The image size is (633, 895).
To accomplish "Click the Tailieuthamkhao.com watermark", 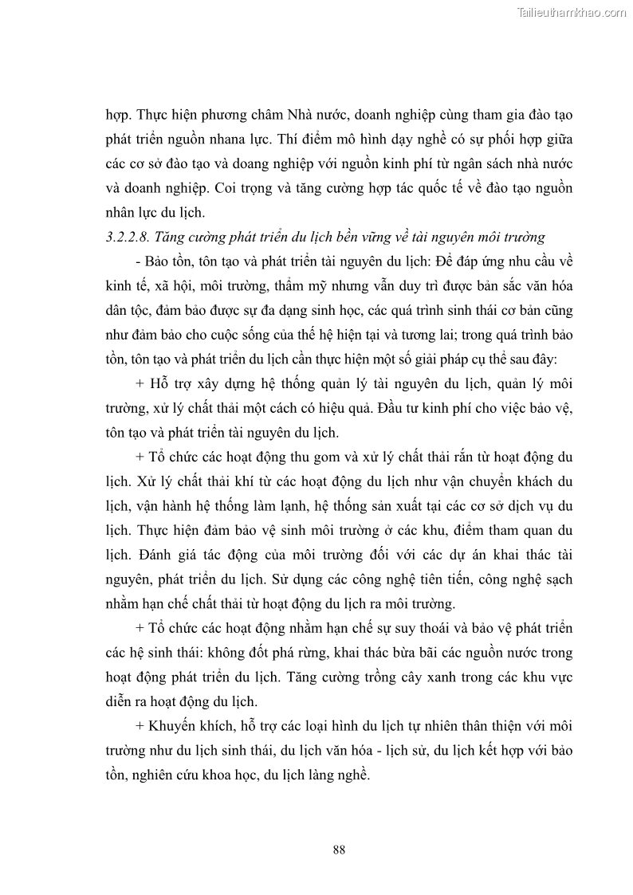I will [572, 12].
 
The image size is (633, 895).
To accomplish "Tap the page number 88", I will [339, 850].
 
